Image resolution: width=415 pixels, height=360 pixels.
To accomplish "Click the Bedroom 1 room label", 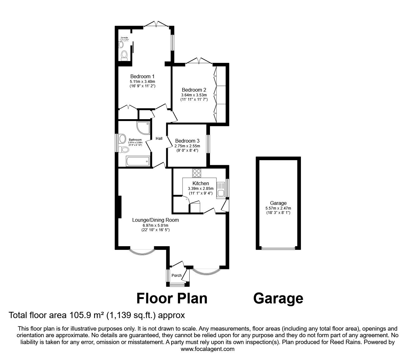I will point(142,76).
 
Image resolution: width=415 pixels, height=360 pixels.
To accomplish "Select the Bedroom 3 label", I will point(187,141).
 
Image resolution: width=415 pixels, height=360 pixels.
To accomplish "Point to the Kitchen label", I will point(201,183).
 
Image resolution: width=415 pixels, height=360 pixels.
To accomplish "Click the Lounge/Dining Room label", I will point(155,220).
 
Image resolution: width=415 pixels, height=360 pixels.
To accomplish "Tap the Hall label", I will point(159,139).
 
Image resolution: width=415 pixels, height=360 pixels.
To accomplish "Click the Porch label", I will point(177,276).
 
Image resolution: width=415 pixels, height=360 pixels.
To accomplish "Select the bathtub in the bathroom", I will point(138,162).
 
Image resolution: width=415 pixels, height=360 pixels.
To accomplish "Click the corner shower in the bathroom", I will point(143,127).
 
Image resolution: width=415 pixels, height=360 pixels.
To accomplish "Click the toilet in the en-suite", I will point(124,55).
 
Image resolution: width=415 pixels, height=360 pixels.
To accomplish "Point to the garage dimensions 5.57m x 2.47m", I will point(278,208).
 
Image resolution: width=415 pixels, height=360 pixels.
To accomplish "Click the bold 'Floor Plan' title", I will point(172,298).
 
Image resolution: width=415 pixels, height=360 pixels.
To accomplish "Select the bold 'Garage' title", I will point(278,298).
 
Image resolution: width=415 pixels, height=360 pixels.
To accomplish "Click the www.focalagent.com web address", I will point(207,349).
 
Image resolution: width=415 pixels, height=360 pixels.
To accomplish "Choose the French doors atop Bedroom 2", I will point(199,61).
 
